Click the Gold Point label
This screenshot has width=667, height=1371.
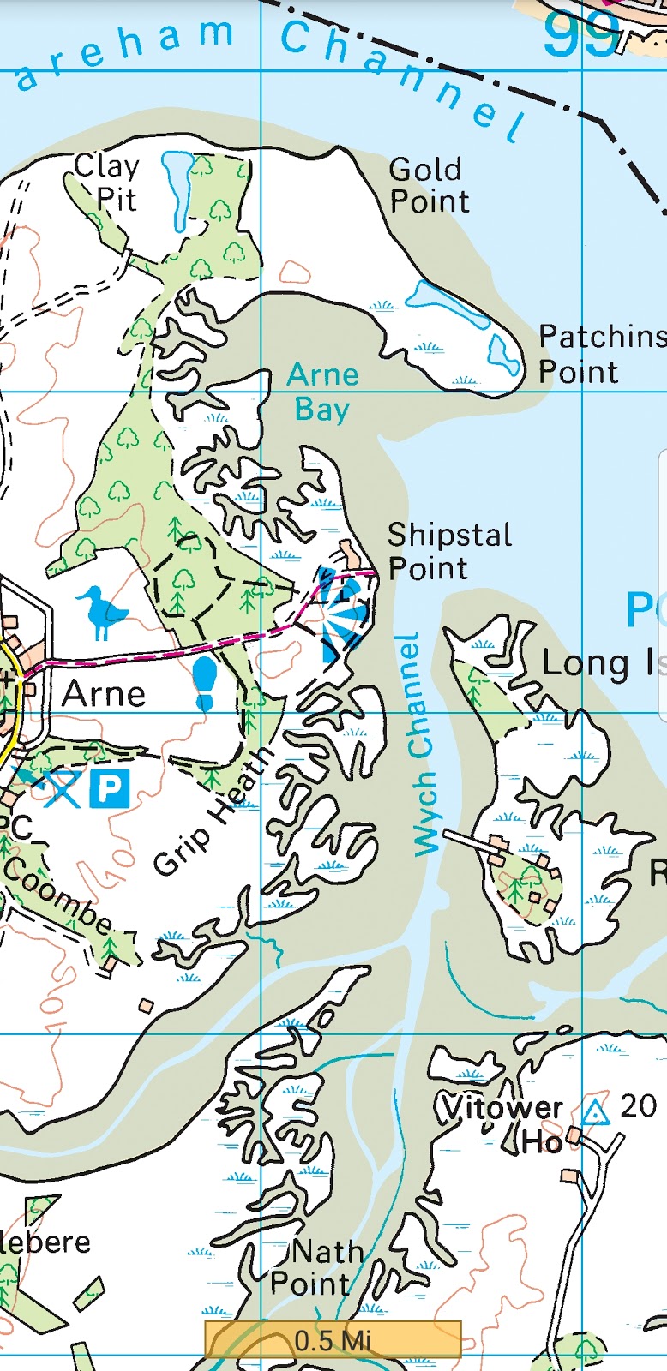pos(429,185)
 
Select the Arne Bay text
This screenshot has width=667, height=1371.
pos(322,392)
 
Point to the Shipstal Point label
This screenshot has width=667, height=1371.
pos(448,551)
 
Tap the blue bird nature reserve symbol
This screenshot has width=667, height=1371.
pos(102,612)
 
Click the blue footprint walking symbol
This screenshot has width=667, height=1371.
pos(206,684)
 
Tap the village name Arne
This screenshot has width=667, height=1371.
pos(104,693)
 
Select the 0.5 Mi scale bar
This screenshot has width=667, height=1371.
pos(333,1339)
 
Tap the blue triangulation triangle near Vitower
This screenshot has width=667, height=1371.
pos(594,1112)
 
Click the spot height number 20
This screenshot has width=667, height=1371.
pos(638,1106)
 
